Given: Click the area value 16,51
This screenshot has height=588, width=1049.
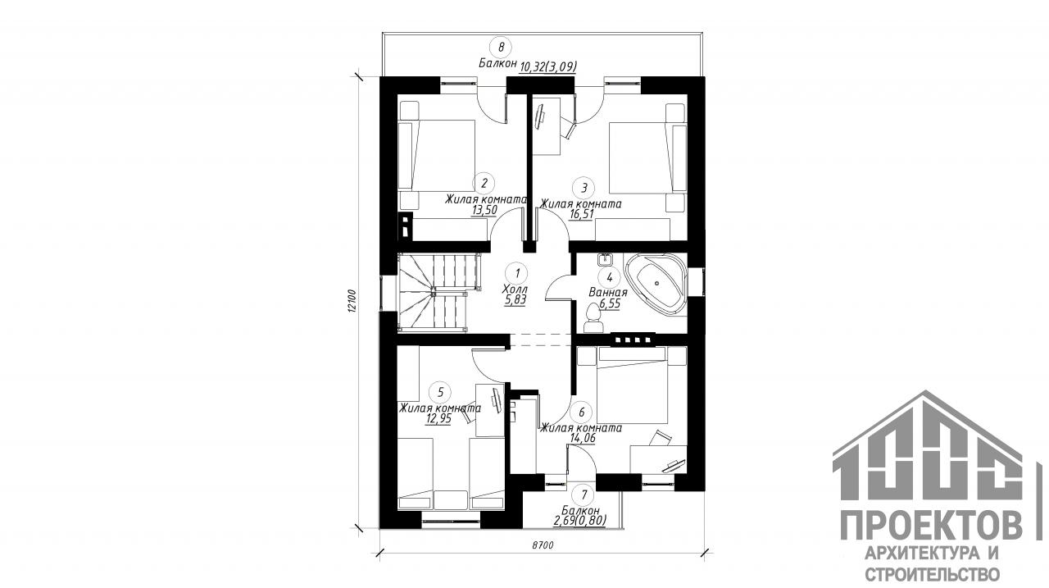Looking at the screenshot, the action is click(581, 215).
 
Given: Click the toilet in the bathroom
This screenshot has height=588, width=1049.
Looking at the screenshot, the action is click(593, 318).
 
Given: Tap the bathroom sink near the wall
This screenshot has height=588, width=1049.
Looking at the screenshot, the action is click(606, 259).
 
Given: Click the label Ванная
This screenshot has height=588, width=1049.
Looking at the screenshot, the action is click(608, 293).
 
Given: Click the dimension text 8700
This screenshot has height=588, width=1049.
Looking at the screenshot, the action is click(543, 545).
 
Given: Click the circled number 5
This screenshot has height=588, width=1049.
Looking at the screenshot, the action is click(440, 392).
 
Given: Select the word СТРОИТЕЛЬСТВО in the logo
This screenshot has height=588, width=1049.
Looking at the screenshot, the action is click(932, 574).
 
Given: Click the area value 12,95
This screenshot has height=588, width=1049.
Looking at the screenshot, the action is click(438, 418).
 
